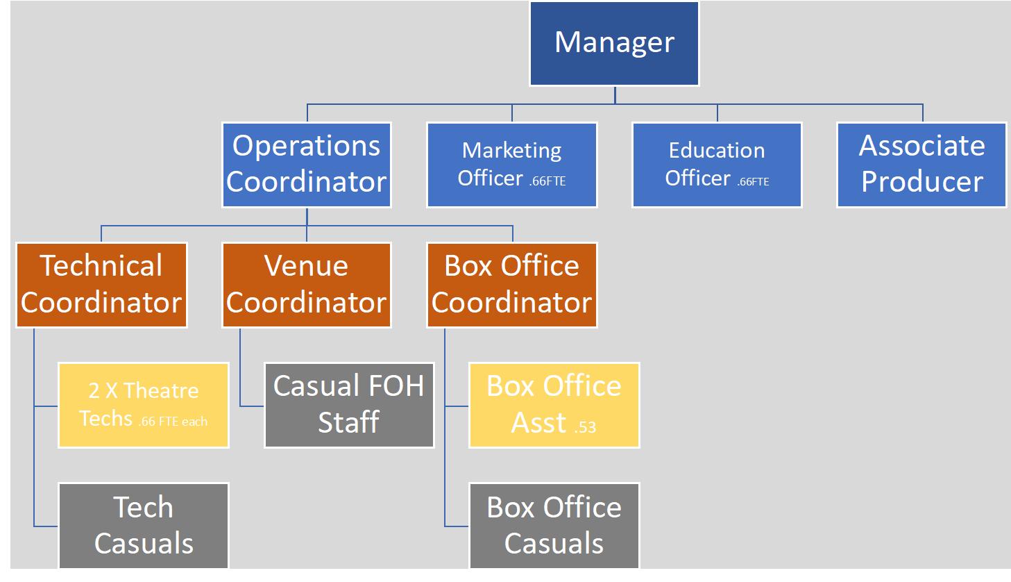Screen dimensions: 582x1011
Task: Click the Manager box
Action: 614,44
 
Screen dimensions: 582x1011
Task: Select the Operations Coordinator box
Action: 307,165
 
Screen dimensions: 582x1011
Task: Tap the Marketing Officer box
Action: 512,165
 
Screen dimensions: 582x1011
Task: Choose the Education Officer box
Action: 717,165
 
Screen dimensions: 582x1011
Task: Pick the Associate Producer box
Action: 921,165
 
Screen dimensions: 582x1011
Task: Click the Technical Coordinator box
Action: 101,285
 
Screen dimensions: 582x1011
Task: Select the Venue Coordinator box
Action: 307,285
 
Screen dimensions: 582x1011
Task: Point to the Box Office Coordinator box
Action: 512,285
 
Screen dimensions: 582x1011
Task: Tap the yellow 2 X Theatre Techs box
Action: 144,405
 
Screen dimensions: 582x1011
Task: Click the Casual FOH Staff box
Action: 349,405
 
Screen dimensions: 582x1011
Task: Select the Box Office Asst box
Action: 554,405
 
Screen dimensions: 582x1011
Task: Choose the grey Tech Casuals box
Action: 144,526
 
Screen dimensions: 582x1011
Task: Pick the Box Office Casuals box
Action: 554,526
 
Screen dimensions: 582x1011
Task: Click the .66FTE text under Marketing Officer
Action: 547,181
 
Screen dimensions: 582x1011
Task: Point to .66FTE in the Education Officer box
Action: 753,181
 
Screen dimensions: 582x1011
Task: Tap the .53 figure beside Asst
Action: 585,426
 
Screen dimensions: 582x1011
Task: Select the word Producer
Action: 921,182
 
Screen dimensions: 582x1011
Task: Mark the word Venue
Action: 306,266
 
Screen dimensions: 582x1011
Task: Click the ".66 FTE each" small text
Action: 173,421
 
